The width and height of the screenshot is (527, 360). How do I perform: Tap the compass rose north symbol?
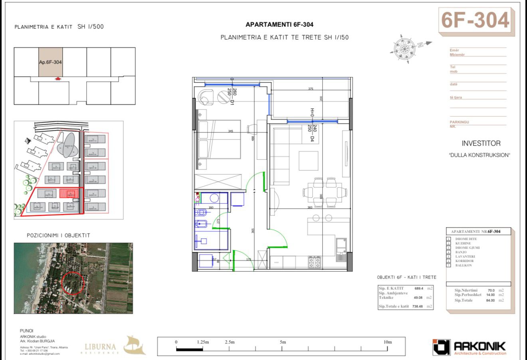click(x=402, y=49)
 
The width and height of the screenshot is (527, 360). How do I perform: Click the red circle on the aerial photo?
click(x=73, y=283)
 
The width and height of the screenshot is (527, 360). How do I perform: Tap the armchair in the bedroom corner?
click(x=206, y=97)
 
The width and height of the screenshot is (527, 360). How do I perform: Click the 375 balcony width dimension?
click(x=311, y=89)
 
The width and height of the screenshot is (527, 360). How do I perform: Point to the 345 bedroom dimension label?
click(x=230, y=131)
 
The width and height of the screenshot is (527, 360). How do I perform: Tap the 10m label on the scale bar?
click(x=387, y=342)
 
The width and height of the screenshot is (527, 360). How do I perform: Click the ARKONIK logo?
click(x=470, y=347)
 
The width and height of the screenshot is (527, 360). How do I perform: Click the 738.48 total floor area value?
click(x=417, y=306)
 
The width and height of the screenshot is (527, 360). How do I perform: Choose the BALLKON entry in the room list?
click(x=464, y=265)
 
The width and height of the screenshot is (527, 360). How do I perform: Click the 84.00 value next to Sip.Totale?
click(x=490, y=300)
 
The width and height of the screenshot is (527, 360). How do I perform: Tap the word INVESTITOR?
click(x=481, y=143)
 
